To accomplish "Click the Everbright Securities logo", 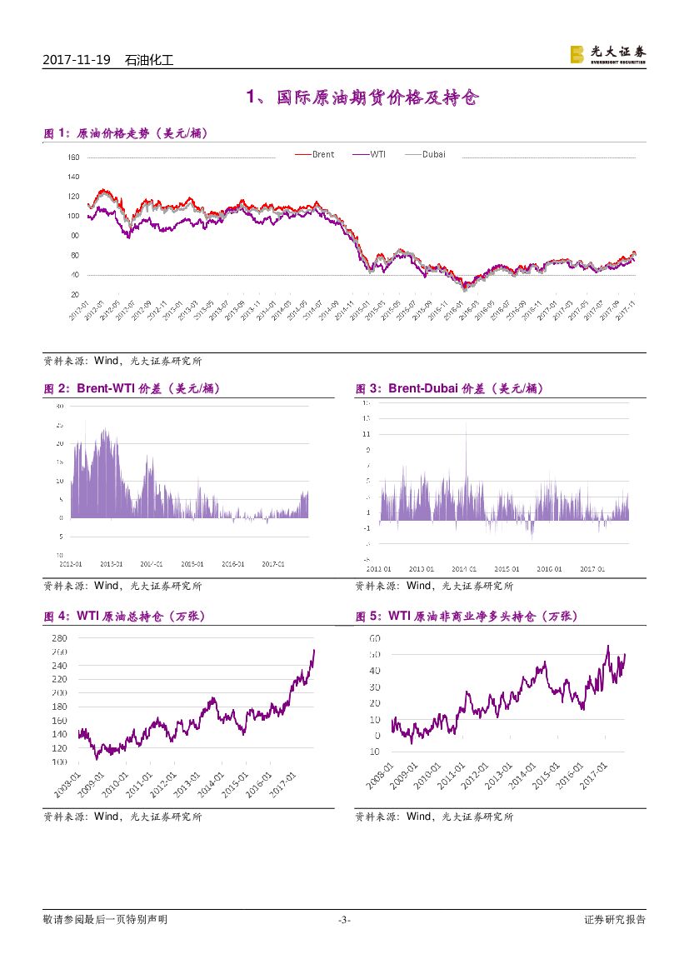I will click(x=607, y=55).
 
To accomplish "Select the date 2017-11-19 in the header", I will click(x=77, y=60).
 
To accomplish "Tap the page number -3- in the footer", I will click(x=344, y=920).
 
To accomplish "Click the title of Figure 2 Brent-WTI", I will click(x=132, y=388).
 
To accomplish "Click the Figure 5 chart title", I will click(x=466, y=617).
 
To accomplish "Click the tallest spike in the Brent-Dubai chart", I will click(x=466, y=429).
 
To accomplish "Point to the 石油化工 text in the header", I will click(x=148, y=60).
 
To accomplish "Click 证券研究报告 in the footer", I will click(x=615, y=920).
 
